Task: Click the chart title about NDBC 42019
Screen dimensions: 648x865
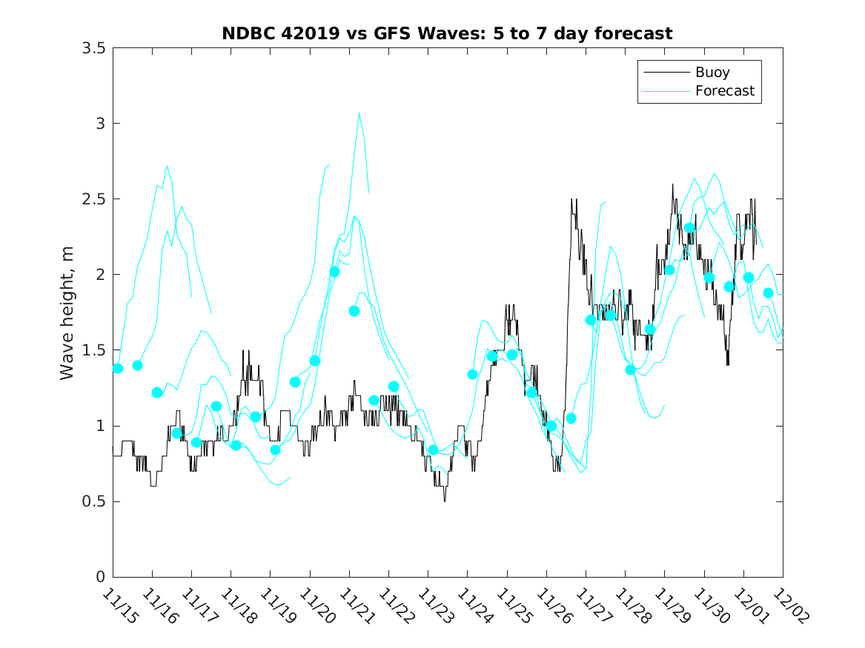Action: click(447, 34)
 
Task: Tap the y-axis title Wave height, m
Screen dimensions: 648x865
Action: click(67, 313)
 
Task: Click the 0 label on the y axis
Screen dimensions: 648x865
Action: click(99, 578)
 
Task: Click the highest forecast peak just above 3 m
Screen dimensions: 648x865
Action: click(359, 113)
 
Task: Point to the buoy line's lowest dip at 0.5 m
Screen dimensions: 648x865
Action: click(445, 501)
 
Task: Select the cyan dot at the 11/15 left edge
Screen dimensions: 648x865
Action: click(117, 368)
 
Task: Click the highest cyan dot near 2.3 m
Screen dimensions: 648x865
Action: click(689, 228)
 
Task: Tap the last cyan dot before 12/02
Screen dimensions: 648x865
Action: click(769, 293)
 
